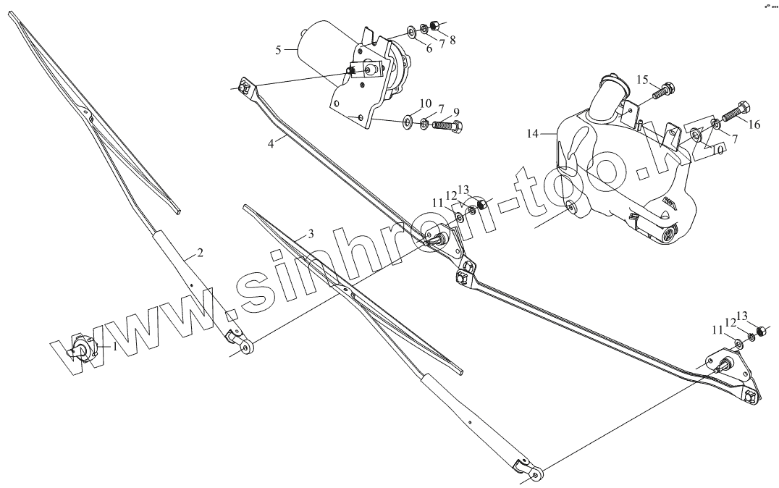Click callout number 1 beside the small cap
[113, 347]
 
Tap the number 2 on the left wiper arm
[200, 253]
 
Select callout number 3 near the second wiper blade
[311, 234]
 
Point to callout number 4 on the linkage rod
[271, 143]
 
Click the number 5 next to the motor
[279, 50]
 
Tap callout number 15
[641, 79]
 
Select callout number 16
[754, 125]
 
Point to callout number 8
[452, 40]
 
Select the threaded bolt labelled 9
[448, 126]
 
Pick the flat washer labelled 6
[411, 31]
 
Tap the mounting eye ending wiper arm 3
[536, 474]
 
